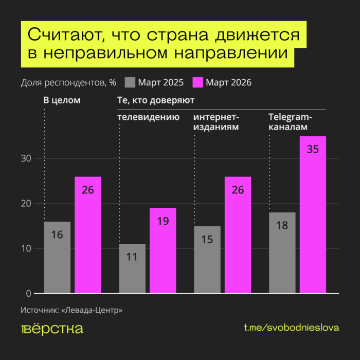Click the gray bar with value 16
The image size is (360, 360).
57,257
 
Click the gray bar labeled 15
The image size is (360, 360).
207,260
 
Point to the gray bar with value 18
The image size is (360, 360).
282,253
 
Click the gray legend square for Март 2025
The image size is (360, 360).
130,82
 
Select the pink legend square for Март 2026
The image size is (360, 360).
198,82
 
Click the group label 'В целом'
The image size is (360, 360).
62,100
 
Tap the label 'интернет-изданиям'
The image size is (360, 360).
216,122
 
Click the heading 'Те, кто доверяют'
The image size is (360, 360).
155,100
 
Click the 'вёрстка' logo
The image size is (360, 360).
52,329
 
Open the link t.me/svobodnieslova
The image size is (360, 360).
291,328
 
